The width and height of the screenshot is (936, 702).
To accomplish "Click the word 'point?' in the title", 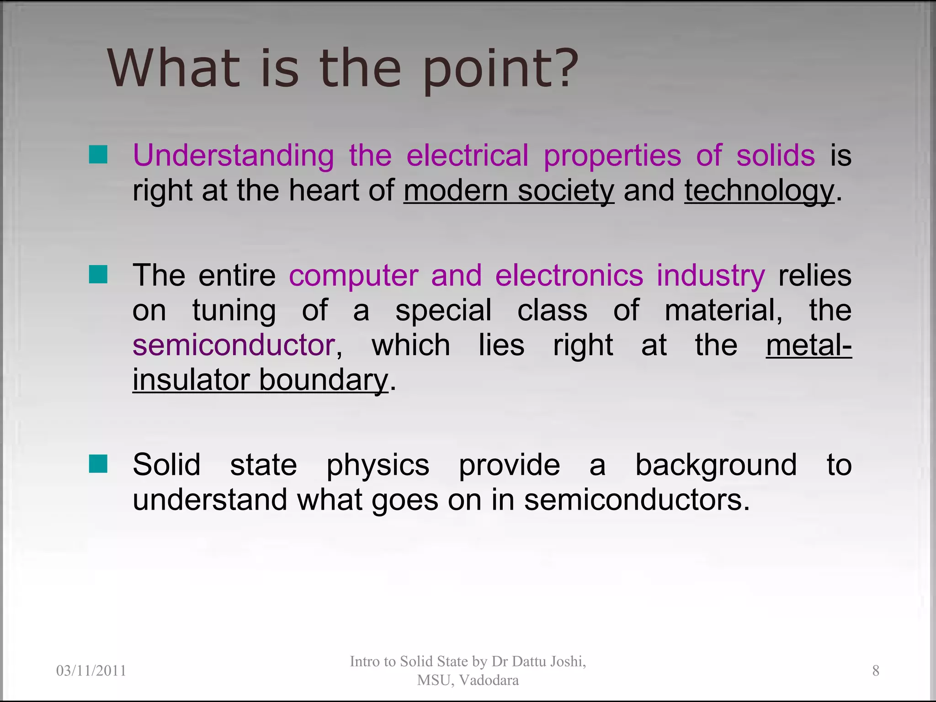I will (500, 69).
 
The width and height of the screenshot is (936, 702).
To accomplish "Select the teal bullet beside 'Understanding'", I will (98, 154).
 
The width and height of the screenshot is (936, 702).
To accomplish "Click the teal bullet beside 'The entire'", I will (98, 274).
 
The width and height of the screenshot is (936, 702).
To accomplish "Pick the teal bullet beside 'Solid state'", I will (98, 463).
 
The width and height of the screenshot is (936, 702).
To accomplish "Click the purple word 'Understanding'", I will (234, 156).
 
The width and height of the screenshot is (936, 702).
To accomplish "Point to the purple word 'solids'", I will (776, 155).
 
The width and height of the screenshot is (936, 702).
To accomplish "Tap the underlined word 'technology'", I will (759, 191).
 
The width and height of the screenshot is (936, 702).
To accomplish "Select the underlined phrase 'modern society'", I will (509, 191).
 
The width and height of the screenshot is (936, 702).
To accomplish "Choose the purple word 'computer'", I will (353, 276).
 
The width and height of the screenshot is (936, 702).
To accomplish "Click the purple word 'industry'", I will (711, 276).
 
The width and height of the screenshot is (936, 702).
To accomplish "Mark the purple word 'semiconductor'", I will (234, 345).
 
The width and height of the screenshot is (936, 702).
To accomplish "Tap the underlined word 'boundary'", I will (324, 380).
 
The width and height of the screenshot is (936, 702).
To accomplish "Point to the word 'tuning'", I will (234, 311).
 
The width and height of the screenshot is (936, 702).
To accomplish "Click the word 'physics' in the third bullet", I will (378, 466).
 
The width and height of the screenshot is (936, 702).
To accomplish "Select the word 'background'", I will (716, 465).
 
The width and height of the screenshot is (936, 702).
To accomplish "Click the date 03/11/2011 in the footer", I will (91, 670).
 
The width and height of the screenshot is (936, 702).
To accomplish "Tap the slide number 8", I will (876, 670).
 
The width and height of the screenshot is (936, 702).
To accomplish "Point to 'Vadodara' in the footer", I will (489, 680).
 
